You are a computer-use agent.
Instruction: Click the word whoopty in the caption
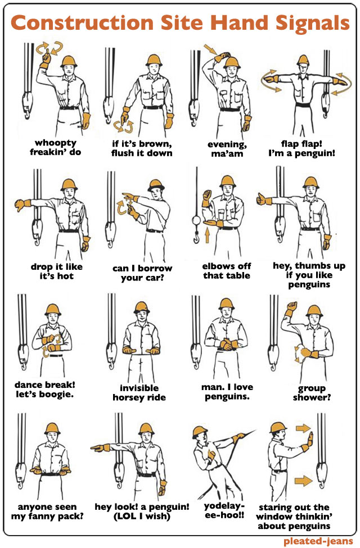[56, 143]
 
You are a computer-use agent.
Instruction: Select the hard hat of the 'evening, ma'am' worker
[232, 62]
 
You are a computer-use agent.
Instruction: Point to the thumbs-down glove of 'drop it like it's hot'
[22, 205]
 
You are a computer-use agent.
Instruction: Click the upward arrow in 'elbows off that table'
[207, 235]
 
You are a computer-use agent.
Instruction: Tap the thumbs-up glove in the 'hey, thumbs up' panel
[264, 200]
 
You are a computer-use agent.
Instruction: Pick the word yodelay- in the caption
[224, 506]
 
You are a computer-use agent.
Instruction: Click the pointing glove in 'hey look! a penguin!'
[101, 447]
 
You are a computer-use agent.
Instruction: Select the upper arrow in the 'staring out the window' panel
[303, 428]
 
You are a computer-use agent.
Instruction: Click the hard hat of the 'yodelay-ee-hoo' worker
[200, 432]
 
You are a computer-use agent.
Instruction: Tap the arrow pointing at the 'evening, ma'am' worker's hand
[210, 49]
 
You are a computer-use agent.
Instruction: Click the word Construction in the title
[83, 23]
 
